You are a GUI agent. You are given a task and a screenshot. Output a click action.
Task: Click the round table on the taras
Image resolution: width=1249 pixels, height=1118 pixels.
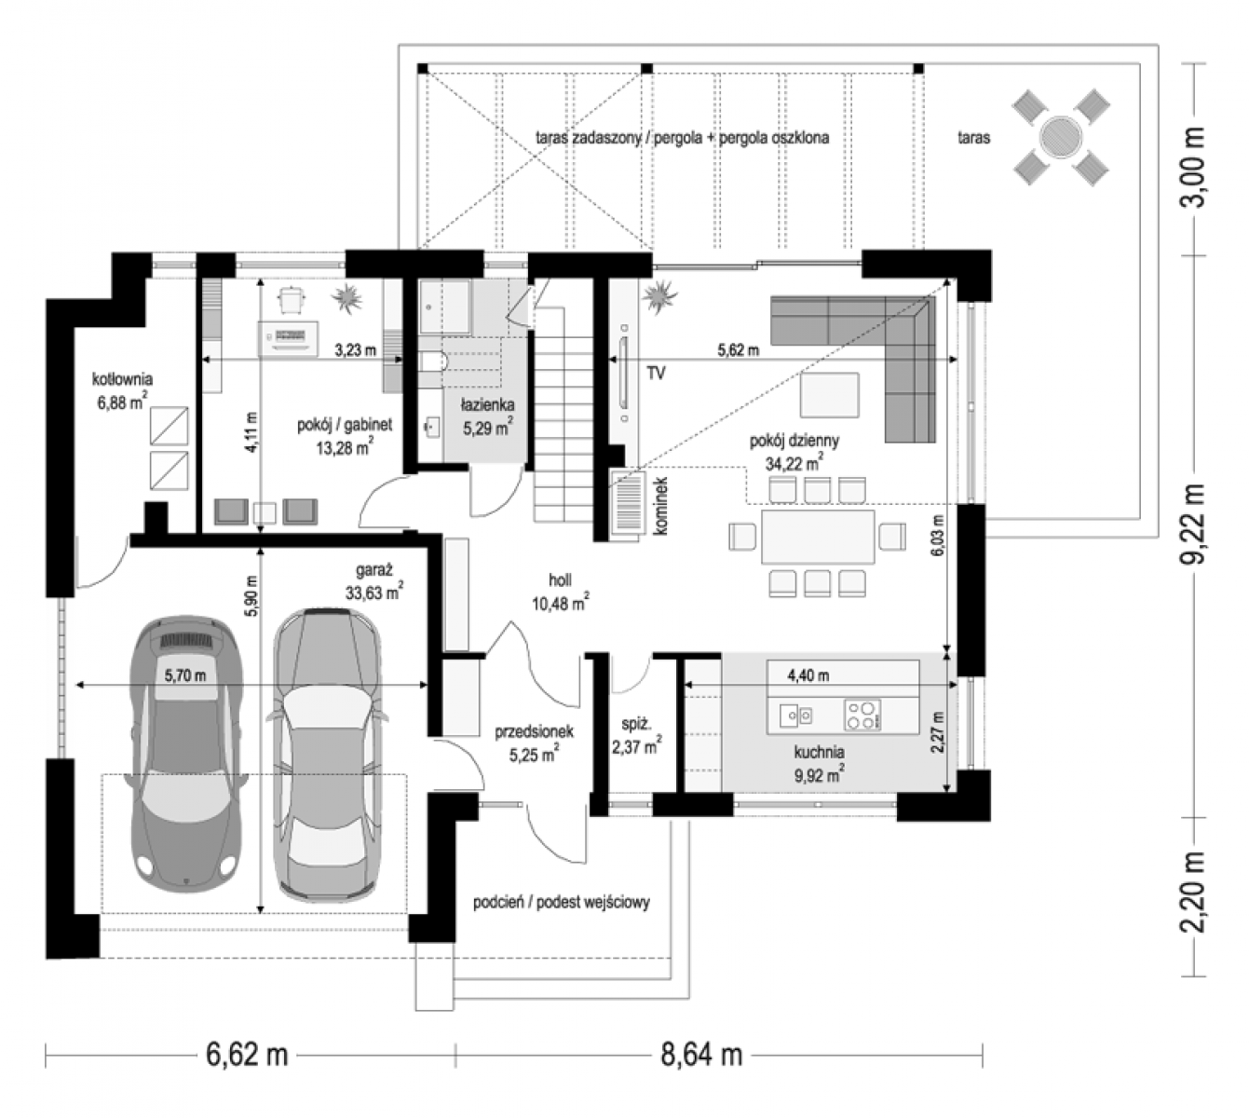coord(1060,139)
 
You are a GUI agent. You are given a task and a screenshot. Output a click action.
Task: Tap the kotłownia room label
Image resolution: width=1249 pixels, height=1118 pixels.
coord(122,378)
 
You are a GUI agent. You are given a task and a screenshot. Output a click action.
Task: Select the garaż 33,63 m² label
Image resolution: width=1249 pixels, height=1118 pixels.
coord(374,580)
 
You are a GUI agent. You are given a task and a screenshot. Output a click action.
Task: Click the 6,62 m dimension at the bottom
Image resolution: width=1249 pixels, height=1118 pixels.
coord(247,1054)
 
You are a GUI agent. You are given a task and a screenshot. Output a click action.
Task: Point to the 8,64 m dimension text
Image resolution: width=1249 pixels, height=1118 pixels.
coord(701,1054)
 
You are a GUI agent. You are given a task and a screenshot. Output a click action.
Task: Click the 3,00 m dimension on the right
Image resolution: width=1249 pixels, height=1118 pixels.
coord(1193,168)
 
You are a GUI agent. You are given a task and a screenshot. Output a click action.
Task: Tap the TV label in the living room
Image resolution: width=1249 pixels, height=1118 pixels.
coord(656,373)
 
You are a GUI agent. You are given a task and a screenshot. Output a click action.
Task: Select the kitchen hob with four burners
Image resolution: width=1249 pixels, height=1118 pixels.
coord(862,715)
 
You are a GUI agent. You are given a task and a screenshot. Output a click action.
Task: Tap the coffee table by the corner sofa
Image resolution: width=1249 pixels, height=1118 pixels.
coord(829,395)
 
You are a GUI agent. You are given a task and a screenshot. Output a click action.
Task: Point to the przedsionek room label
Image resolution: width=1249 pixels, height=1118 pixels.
coord(534,731)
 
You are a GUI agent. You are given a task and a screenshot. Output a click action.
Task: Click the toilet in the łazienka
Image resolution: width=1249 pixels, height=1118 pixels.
coord(433,361)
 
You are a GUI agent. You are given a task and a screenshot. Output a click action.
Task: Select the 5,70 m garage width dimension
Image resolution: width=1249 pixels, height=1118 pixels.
coord(185,675)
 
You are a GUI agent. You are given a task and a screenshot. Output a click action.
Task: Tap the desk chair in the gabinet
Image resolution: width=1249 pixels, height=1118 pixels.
coord(292,301)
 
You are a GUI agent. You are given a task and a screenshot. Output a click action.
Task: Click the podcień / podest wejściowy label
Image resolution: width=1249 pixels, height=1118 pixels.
coord(562,903)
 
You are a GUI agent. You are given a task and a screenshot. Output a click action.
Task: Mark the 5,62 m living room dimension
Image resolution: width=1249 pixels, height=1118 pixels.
coord(738,350)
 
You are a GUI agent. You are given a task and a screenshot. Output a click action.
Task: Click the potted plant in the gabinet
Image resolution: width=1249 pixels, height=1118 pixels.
coord(347,297)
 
